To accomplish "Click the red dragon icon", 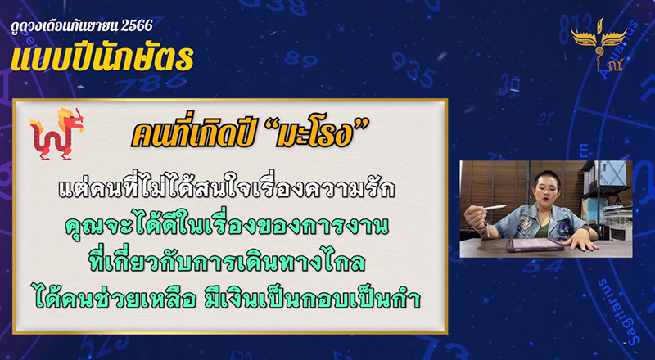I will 55,133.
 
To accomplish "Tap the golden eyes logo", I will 597,40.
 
